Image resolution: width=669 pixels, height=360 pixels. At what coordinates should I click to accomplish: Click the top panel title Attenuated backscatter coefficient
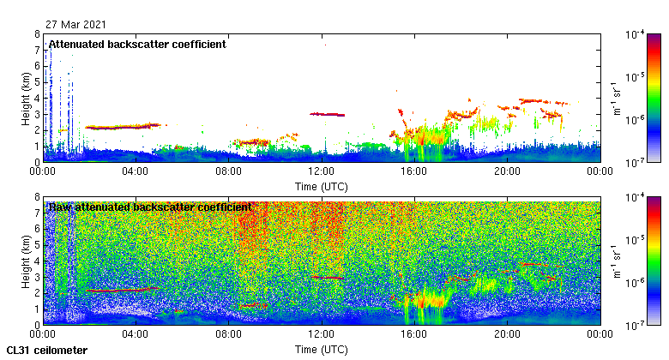[137, 44]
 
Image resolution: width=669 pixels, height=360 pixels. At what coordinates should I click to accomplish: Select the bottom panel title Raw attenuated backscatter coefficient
[150, 207]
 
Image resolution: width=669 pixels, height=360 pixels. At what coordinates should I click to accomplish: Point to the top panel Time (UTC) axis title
[321, 186]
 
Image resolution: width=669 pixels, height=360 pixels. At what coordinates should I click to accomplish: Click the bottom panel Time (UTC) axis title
[321, 350]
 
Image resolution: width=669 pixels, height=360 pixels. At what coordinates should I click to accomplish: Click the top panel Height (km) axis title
[27, 98]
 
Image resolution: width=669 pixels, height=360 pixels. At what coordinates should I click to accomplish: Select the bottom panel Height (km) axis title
[27, 261]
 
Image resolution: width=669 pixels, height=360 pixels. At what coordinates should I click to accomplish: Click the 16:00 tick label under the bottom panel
[413, 335]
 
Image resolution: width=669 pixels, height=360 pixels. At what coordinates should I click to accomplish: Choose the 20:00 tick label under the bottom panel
[507, 335]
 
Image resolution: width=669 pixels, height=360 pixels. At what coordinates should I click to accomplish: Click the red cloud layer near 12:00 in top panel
[327, 114]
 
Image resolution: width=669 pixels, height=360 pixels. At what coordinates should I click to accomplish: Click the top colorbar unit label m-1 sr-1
[617, 98]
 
